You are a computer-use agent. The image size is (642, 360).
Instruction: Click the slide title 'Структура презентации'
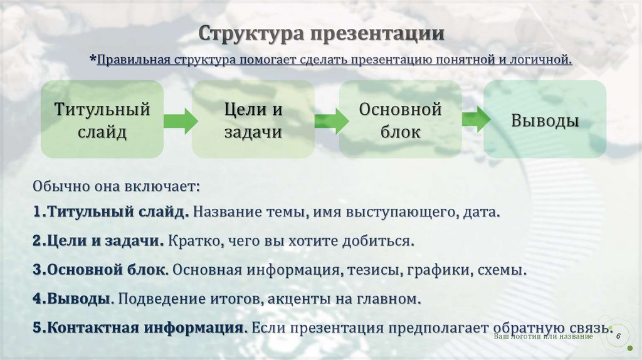[322, 33]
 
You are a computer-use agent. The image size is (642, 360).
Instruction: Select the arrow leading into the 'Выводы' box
[476, 119]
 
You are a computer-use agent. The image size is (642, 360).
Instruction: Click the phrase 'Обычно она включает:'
[116, 187]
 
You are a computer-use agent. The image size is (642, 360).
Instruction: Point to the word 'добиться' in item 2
[386, 241]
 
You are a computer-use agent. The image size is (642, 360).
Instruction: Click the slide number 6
[618, 337]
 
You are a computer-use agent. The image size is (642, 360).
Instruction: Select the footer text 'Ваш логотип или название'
[544, 337]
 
